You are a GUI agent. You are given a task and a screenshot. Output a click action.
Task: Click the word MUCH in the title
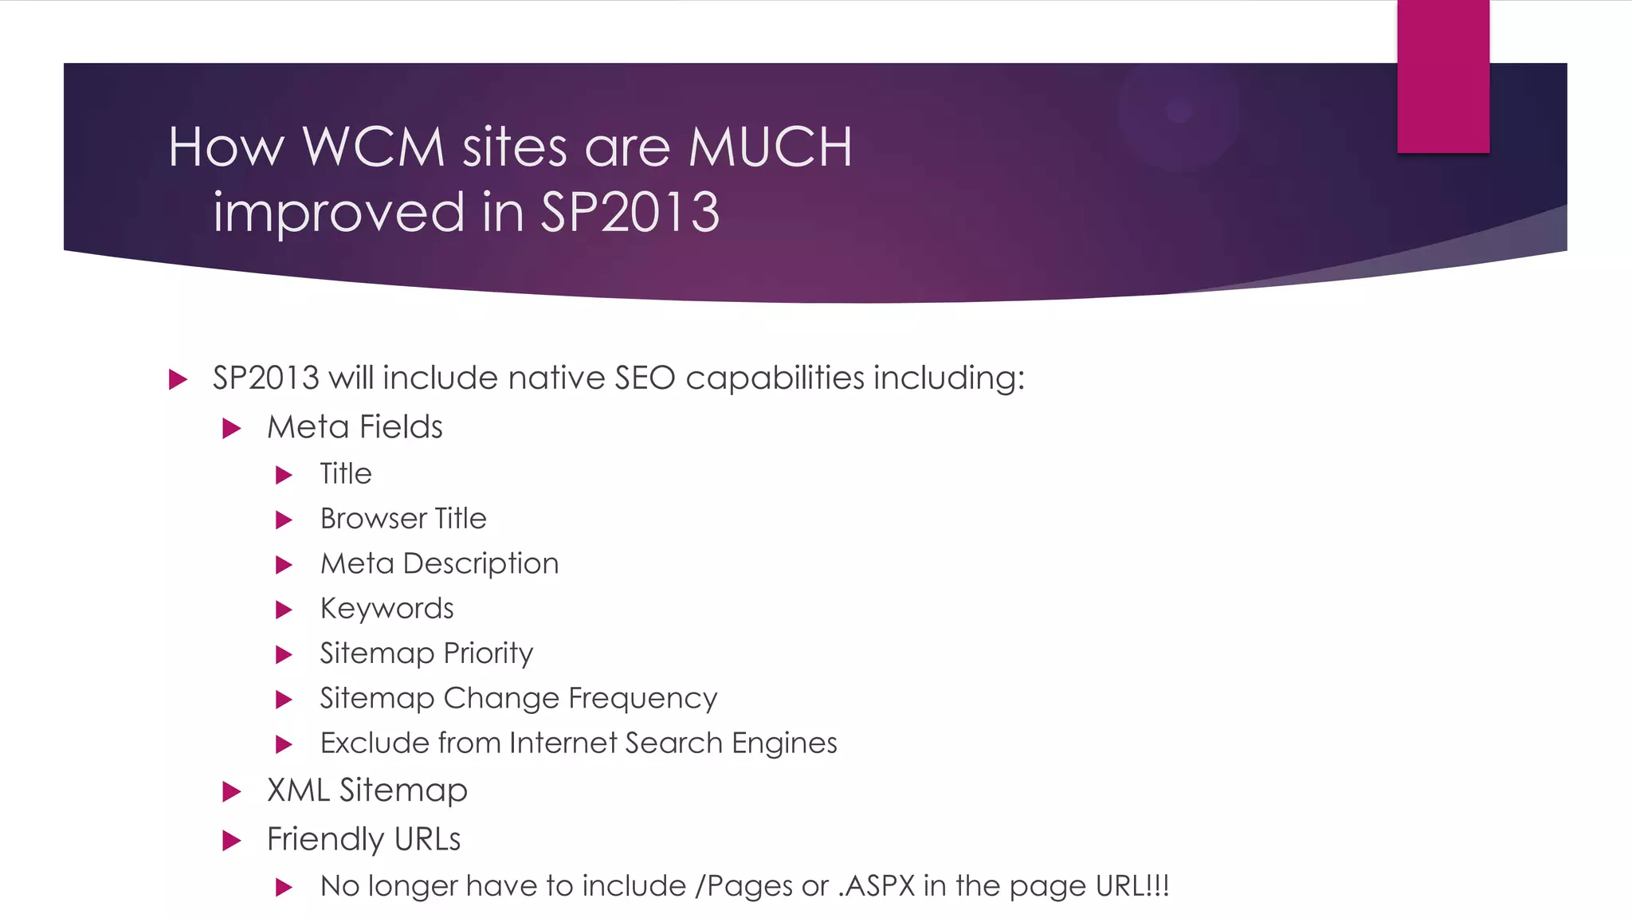[x=770, y=147]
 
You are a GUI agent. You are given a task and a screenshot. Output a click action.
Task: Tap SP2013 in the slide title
[x=630, y=213]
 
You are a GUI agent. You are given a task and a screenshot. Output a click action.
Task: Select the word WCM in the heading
[x=373, y=147]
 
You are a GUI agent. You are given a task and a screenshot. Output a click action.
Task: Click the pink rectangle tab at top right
[x=1442, y=76]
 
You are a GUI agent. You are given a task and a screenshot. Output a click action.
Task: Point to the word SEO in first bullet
[x=645, y=378]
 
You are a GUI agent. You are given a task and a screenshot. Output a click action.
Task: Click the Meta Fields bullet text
[x=355, y=427]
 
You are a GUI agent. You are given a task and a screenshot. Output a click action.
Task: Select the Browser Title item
[x=403, y=519]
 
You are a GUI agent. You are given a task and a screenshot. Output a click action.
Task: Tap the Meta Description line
[x=439, y=563]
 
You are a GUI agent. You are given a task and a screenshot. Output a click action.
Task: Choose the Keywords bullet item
[x=386, y=609]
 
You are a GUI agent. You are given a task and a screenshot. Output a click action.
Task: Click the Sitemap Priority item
[x=426, y=653]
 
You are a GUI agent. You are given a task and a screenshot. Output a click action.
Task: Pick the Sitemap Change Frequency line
[x=519, y=698]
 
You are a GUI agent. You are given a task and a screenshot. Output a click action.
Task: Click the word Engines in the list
[x=784, y=743]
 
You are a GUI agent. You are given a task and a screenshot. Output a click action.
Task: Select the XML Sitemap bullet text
[x=367, y=790]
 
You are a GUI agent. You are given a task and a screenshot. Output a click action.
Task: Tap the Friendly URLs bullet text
[x=363, y=839]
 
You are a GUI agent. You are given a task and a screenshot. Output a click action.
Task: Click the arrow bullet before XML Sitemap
[x=232, y=791]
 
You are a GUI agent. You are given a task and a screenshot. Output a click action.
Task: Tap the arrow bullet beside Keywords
[x=284, y=610]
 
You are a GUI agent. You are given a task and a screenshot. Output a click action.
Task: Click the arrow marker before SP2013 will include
[x=178, y=379]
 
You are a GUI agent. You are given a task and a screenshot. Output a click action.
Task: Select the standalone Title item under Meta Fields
[x=346, y=474]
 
